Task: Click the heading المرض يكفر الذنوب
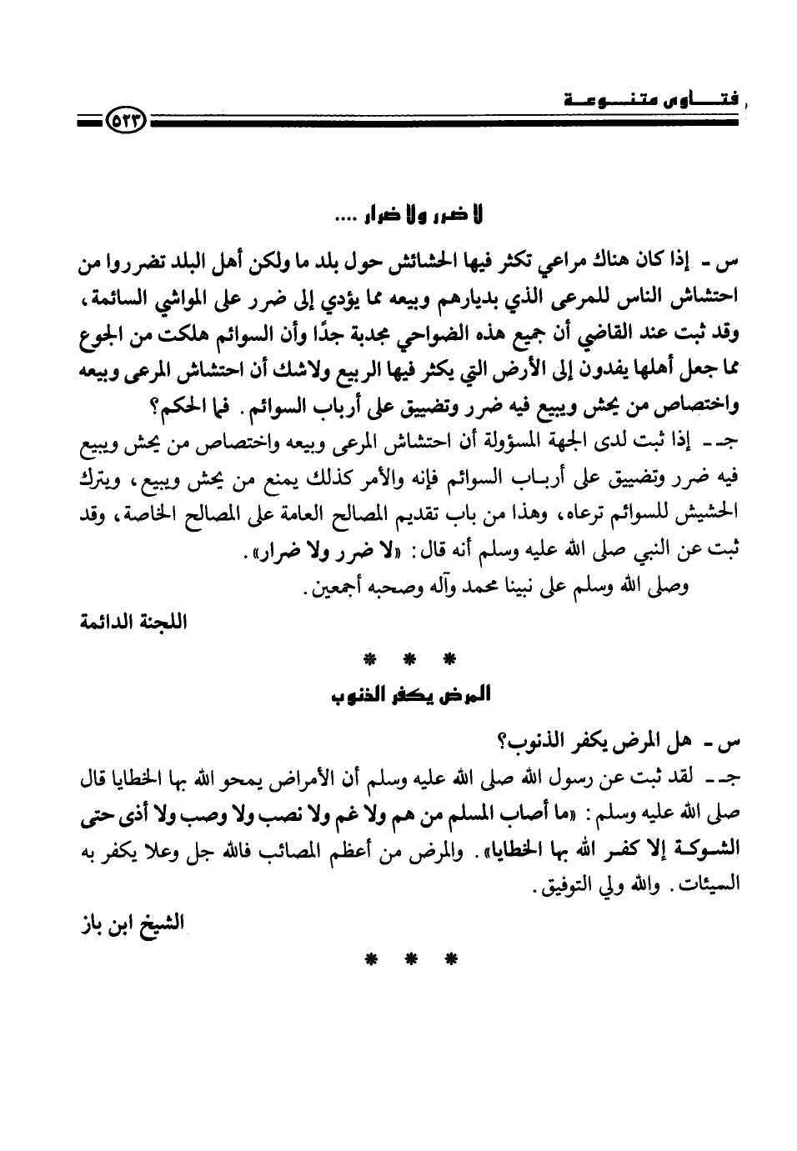(406, 694)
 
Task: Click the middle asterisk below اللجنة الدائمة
(406, 661)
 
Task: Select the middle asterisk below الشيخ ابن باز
(406, 961)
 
